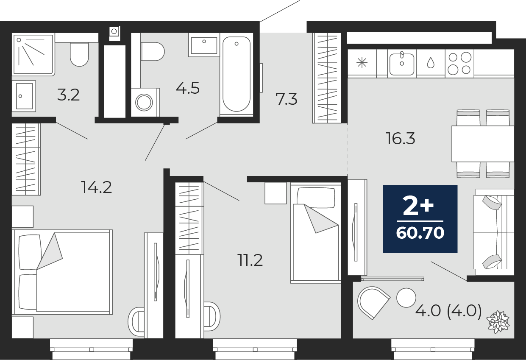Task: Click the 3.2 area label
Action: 68,95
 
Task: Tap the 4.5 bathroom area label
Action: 188,88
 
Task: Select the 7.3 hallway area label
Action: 286,99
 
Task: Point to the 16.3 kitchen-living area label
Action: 401,138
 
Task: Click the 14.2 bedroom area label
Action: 96,187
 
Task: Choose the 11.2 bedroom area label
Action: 250,260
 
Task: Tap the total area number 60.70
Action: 420,233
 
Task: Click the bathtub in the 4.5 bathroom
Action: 237,74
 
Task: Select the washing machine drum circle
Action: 144,103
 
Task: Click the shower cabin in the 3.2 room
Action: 33,54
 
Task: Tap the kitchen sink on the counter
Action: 402,64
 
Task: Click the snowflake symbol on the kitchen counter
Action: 362,63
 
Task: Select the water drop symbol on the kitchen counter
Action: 431,63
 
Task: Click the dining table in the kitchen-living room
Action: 483,144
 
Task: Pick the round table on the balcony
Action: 406,298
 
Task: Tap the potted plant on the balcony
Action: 498,322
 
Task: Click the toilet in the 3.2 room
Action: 79,54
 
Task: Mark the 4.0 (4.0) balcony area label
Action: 448,311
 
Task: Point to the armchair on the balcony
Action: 373,303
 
